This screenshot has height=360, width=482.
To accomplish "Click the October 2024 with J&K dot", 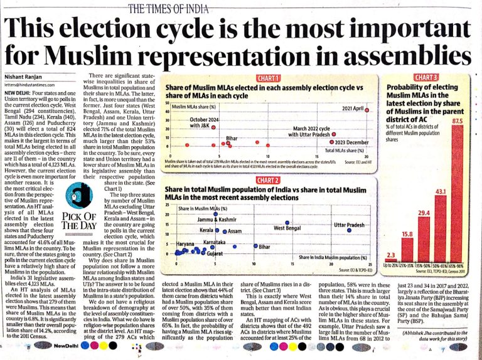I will coord(213,126).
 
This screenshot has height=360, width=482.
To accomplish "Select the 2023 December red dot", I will coord(332,142).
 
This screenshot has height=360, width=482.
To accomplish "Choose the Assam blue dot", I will coord(224,231).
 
